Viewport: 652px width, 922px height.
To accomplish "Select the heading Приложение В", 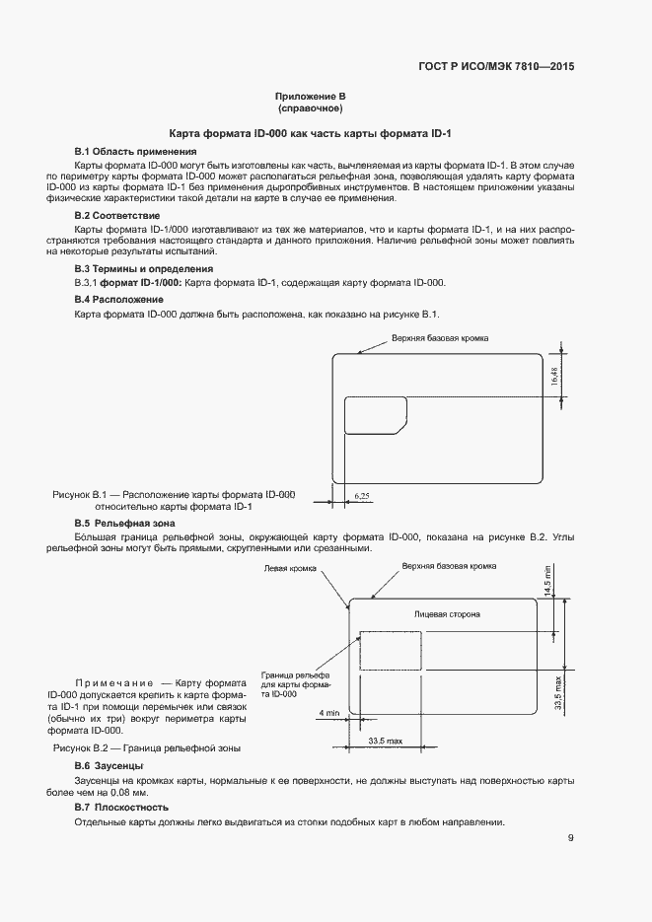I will [x=309, y=96].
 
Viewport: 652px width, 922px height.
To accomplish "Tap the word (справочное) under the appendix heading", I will [x=309, y=107].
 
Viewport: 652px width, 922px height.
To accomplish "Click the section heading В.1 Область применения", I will [x=135, y=151].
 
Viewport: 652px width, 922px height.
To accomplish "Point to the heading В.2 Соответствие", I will [x=117, y=215].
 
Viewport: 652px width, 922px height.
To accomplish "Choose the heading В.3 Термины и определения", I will [x=144, y=268].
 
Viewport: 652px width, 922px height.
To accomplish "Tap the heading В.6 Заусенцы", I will [x=109, y=766].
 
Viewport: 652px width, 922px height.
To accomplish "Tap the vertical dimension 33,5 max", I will [x=558, y=693].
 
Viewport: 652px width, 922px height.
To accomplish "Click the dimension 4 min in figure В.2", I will [x=329, y=712].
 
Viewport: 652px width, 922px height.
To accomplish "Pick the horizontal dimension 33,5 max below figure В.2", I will [x=385, y=740].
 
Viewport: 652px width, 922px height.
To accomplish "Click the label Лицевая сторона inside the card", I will [x=447, y=614].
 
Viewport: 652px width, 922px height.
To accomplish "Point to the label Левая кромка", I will [x=288, y=569].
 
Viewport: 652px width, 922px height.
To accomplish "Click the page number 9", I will [x=571, y=838].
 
